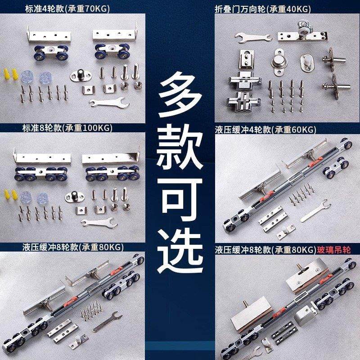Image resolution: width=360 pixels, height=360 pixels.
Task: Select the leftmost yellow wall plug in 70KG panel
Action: point(7,74)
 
